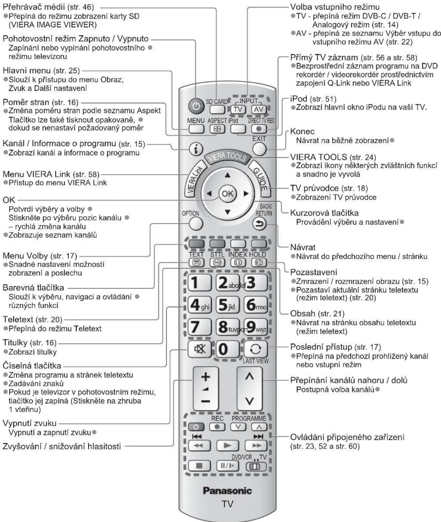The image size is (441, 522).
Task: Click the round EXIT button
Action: [x=259, y=149]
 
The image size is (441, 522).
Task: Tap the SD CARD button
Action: [x=217, y=109]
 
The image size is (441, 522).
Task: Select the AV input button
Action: [x=259, y=109]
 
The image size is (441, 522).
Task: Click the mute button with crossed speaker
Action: [x=199, y=349]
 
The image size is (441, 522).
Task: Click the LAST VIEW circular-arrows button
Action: [x=255, y=349]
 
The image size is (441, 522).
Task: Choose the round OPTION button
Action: [x=196, y=223]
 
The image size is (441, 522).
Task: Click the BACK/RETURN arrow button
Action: [x=259, y=224]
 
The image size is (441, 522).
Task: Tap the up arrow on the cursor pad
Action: [x=227, y=175]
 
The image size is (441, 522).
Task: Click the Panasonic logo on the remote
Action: [x=227, y=491]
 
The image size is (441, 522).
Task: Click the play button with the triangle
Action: [x=227, y=445]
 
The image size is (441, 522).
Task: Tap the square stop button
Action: [x=199, y=466]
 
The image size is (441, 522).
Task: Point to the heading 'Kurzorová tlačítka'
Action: [x=324, y=213]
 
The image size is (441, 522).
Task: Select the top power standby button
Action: [x=196, y=106]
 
